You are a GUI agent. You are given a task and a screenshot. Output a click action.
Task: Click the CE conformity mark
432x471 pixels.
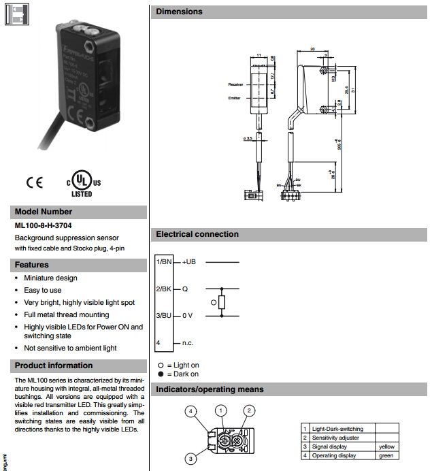tap(35, 182)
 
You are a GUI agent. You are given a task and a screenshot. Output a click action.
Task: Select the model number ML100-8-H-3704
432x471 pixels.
tap(44, 225)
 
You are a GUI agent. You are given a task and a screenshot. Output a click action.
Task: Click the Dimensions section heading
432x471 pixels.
tap(179, 12)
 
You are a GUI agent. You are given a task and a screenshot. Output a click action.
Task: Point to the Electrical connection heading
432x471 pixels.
tap(197, 234)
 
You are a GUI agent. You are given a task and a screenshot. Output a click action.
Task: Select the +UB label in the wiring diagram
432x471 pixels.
tap(189, 262)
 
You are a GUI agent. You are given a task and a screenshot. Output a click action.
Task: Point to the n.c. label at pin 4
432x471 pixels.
tap(188, 343)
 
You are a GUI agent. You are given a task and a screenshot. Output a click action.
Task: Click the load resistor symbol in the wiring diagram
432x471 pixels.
tap(222, 302)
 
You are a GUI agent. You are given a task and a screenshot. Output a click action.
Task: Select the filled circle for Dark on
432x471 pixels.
tap(161, 374)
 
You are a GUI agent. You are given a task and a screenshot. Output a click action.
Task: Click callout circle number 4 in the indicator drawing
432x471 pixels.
tap(191, 411)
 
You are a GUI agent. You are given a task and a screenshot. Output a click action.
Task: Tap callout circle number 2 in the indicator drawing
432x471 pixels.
tap(250, 410)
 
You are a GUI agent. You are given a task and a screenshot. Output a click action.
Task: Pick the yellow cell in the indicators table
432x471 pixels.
tap(386, 446)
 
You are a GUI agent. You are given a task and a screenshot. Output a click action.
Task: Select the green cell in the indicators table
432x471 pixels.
tap(386, 455)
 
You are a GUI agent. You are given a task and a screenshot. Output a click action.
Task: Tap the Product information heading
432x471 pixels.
tap(54, 366)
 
